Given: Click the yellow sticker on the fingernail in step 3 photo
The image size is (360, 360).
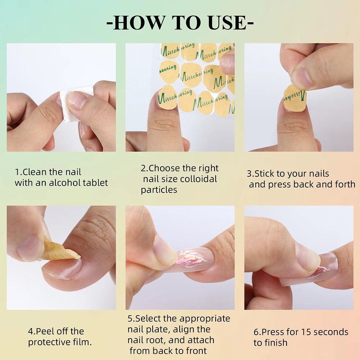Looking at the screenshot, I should click(x=294, y=98).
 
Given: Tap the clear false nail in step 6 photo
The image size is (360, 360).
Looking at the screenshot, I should click(x=324, y=268).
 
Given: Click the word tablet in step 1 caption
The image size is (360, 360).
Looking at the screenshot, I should click(x=95, y=183).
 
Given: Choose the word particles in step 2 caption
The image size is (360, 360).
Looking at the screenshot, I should click(x=159, y=190).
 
